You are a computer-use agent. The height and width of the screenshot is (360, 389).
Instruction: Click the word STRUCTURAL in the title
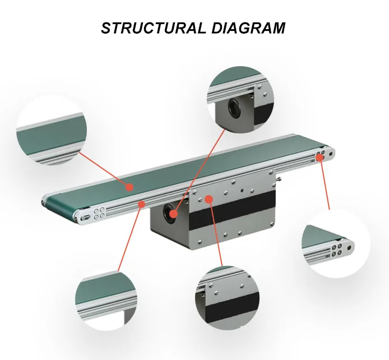[151, 27]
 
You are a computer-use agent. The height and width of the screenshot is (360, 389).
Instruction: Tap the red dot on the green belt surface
[129, 185]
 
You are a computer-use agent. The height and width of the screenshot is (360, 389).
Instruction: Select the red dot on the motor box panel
[209, 198]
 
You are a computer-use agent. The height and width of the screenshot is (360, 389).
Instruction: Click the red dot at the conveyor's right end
[319, 158]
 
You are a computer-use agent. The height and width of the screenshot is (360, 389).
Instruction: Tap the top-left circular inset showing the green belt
[52, 131]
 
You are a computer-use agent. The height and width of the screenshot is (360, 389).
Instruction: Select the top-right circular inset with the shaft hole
[242, 99]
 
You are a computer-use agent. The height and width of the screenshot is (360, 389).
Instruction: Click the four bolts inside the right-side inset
[337, 249]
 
